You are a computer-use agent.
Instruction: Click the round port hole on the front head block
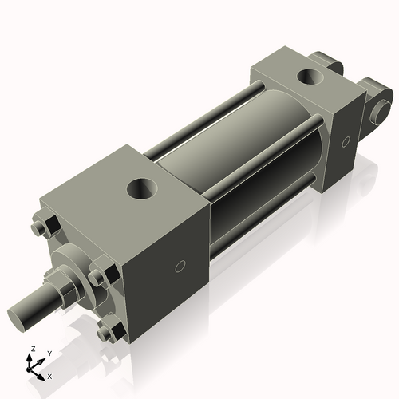(x=142, y=190)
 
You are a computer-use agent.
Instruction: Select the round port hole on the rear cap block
(x=308, y=77)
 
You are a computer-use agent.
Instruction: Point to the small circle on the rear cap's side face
(x=345, y=141)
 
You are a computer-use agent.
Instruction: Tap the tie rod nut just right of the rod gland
(x=98, y=279)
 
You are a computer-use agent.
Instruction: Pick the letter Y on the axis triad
(x=49, y=353)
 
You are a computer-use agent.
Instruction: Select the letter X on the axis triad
(x=49, y=375)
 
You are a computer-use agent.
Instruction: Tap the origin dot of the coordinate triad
(x=33, y=369)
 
